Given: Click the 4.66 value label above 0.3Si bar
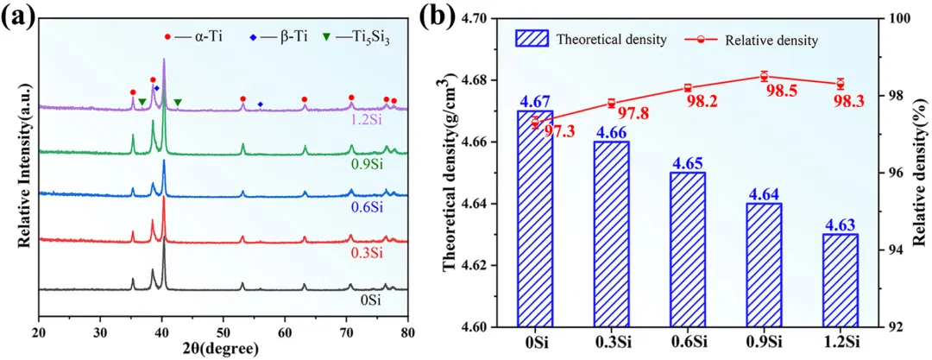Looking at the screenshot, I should point(611,133).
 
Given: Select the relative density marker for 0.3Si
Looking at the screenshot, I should point(611,104).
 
